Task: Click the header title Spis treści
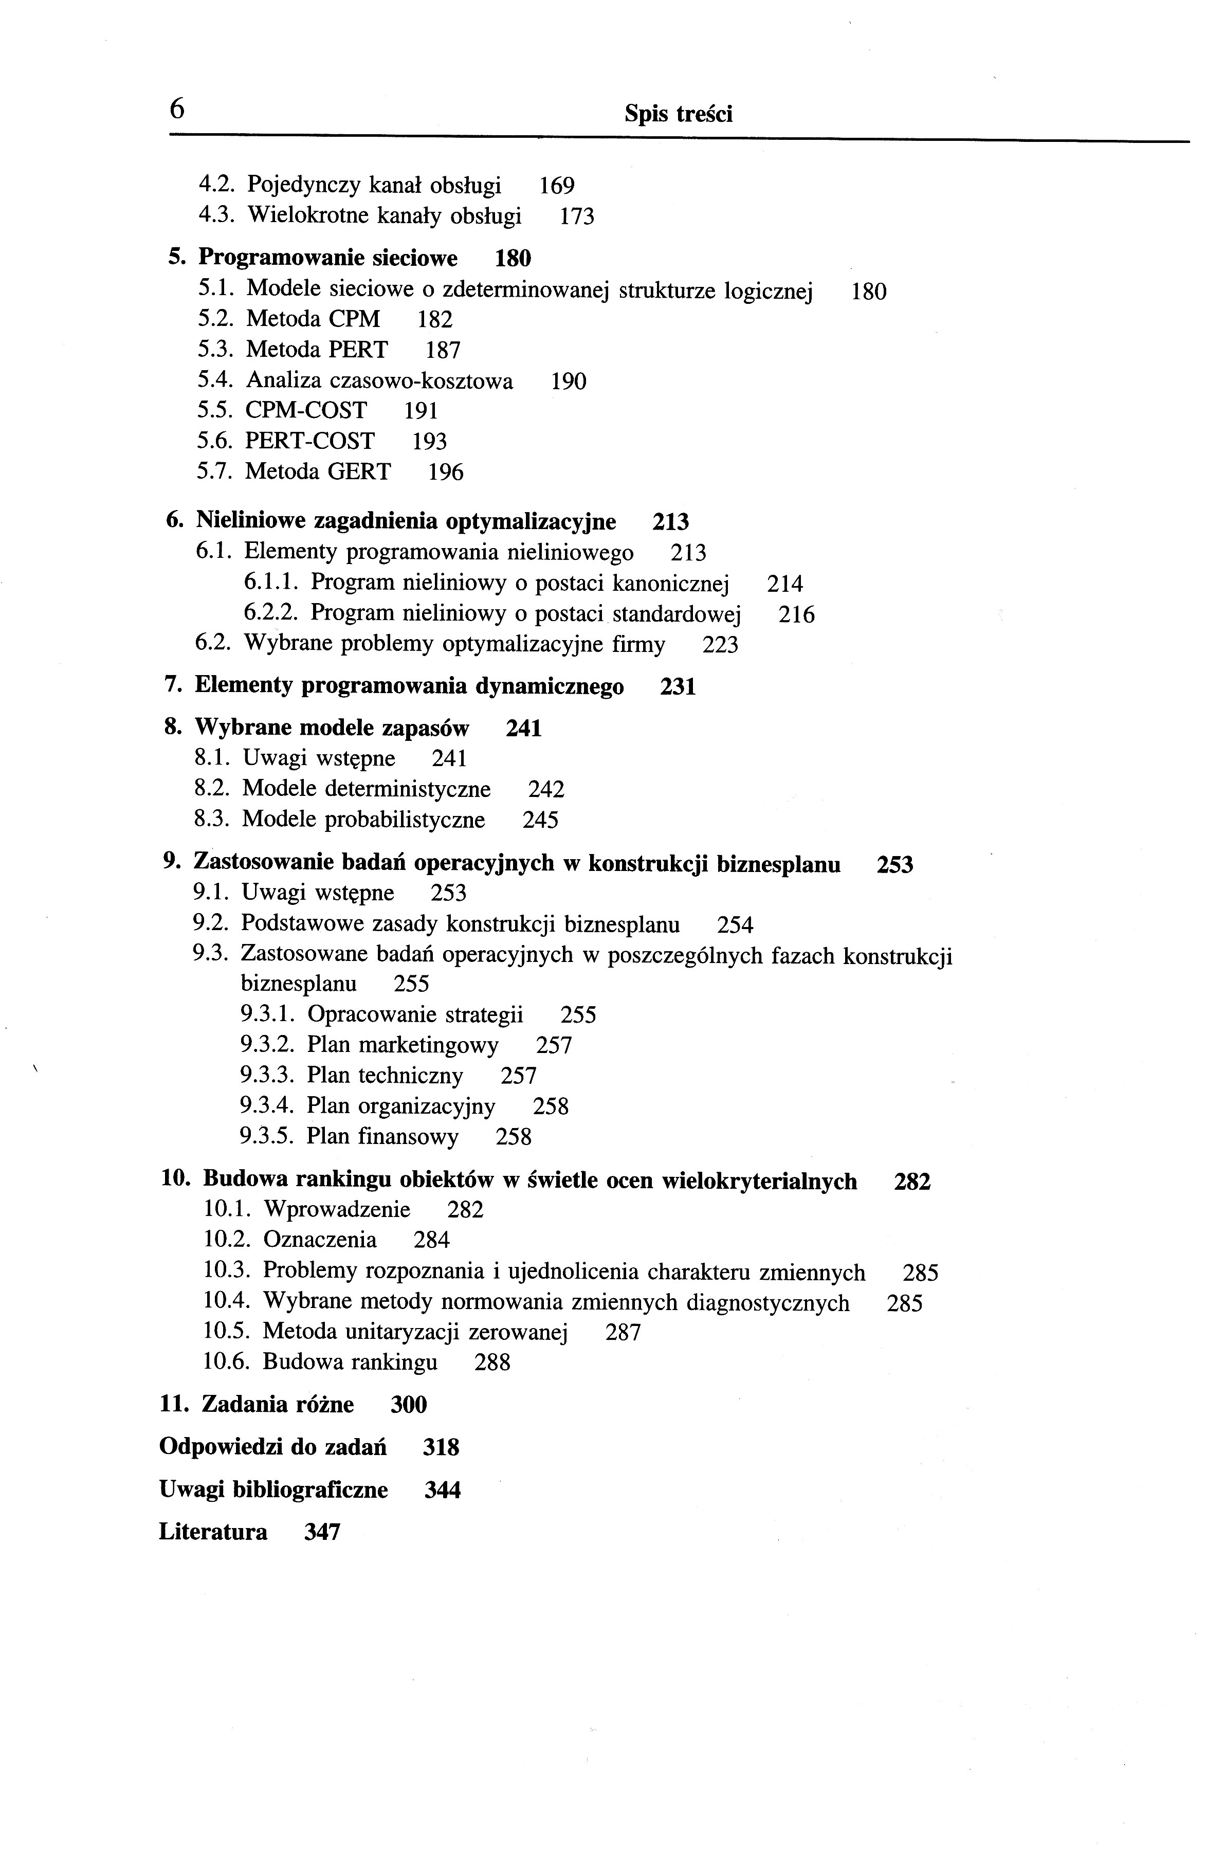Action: pos(678,114)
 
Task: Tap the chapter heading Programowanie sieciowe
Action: pos(328,258)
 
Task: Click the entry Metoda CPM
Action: pos(313,319)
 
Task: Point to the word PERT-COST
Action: pos(310,441)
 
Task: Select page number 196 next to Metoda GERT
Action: pos(446,473)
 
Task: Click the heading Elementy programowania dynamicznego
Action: pos(409,687)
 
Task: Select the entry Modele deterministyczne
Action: pos(367,789)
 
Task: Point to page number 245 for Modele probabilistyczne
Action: pos(540,820)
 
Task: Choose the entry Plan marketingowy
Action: pos(403,1046)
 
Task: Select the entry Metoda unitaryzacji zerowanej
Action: pos(415,1332)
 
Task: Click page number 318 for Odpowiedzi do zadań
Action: pos(441,1447)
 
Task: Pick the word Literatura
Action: pos(213,1532)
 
